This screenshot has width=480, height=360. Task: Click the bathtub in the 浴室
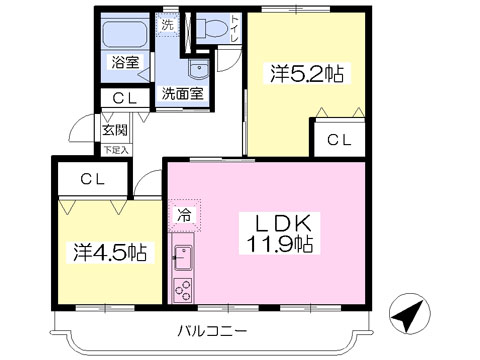[x=125, y=33]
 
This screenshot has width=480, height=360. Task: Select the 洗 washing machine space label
[x=167, y=25]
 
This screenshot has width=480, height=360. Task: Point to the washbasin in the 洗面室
[x=199, y=69]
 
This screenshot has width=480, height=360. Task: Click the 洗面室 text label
[x=182, y=94]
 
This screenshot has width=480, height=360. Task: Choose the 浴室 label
[x=125, y=62]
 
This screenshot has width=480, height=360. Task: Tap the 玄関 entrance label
[x=115, y=130]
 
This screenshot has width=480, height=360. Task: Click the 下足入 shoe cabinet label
[x=116, y=150]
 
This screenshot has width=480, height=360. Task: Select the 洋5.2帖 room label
[x=306, y=73]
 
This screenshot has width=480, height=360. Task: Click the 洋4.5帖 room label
[x=110, y=253]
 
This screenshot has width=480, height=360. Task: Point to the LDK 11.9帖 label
[x=279, y=234]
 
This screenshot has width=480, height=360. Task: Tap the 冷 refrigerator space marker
[x=184, y=215]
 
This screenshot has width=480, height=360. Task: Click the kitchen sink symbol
[x=183, y=258]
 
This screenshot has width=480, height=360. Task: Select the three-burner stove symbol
[x=183, y=290]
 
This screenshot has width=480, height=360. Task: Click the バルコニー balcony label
[x=212, y=331]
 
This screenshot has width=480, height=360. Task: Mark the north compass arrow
[x=410, y=313]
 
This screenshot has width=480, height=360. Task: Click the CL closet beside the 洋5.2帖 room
[x=339, y=140]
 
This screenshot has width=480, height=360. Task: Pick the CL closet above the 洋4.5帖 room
[x=93, y=180]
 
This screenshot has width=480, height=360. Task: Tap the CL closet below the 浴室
[x=125, y=98]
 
